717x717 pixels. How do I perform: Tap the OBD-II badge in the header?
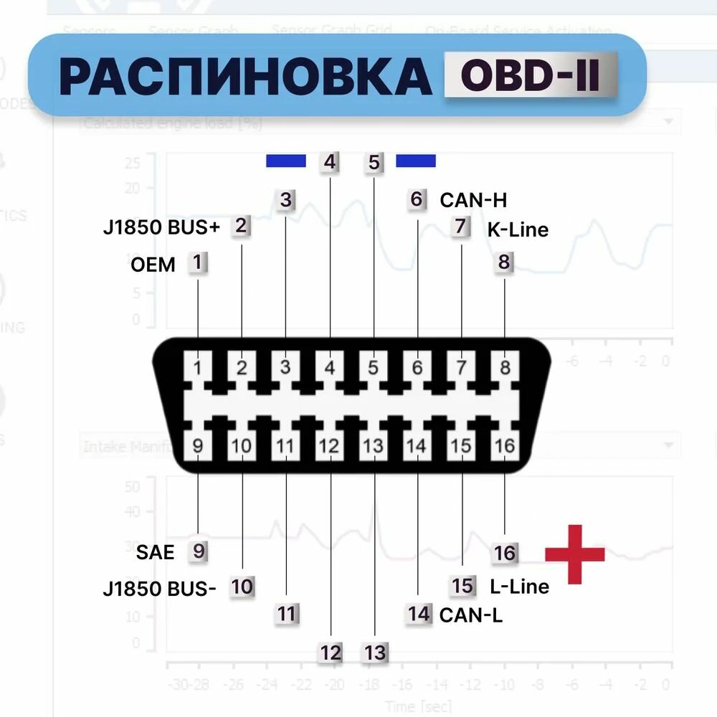coord(531,76)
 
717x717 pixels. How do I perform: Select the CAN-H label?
coord(473,200)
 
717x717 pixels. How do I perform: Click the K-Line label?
coord(518,229)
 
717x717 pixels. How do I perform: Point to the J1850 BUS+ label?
coord(161,228)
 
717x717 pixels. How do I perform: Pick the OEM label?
coord(153,265)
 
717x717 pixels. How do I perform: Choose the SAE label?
coord(155,552)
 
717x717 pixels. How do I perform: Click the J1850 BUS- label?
coord(159,589)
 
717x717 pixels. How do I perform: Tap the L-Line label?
coord(519,587)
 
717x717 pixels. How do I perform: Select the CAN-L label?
coord(470,614)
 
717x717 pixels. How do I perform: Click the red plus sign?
coord(574,554)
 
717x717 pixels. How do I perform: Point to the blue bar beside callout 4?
coord(286,161)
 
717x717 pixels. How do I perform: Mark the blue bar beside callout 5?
coord(416,161)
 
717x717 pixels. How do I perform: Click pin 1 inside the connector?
coord(198,368)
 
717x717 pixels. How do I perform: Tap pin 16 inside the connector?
coord(505,446)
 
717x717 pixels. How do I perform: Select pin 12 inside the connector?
coord(329,446)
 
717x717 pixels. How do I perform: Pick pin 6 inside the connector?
coord(417,368)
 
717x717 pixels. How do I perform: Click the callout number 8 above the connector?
coord(504,262)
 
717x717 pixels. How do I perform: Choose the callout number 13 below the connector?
coord(375,652)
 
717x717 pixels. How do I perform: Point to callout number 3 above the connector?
coord(286,200)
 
